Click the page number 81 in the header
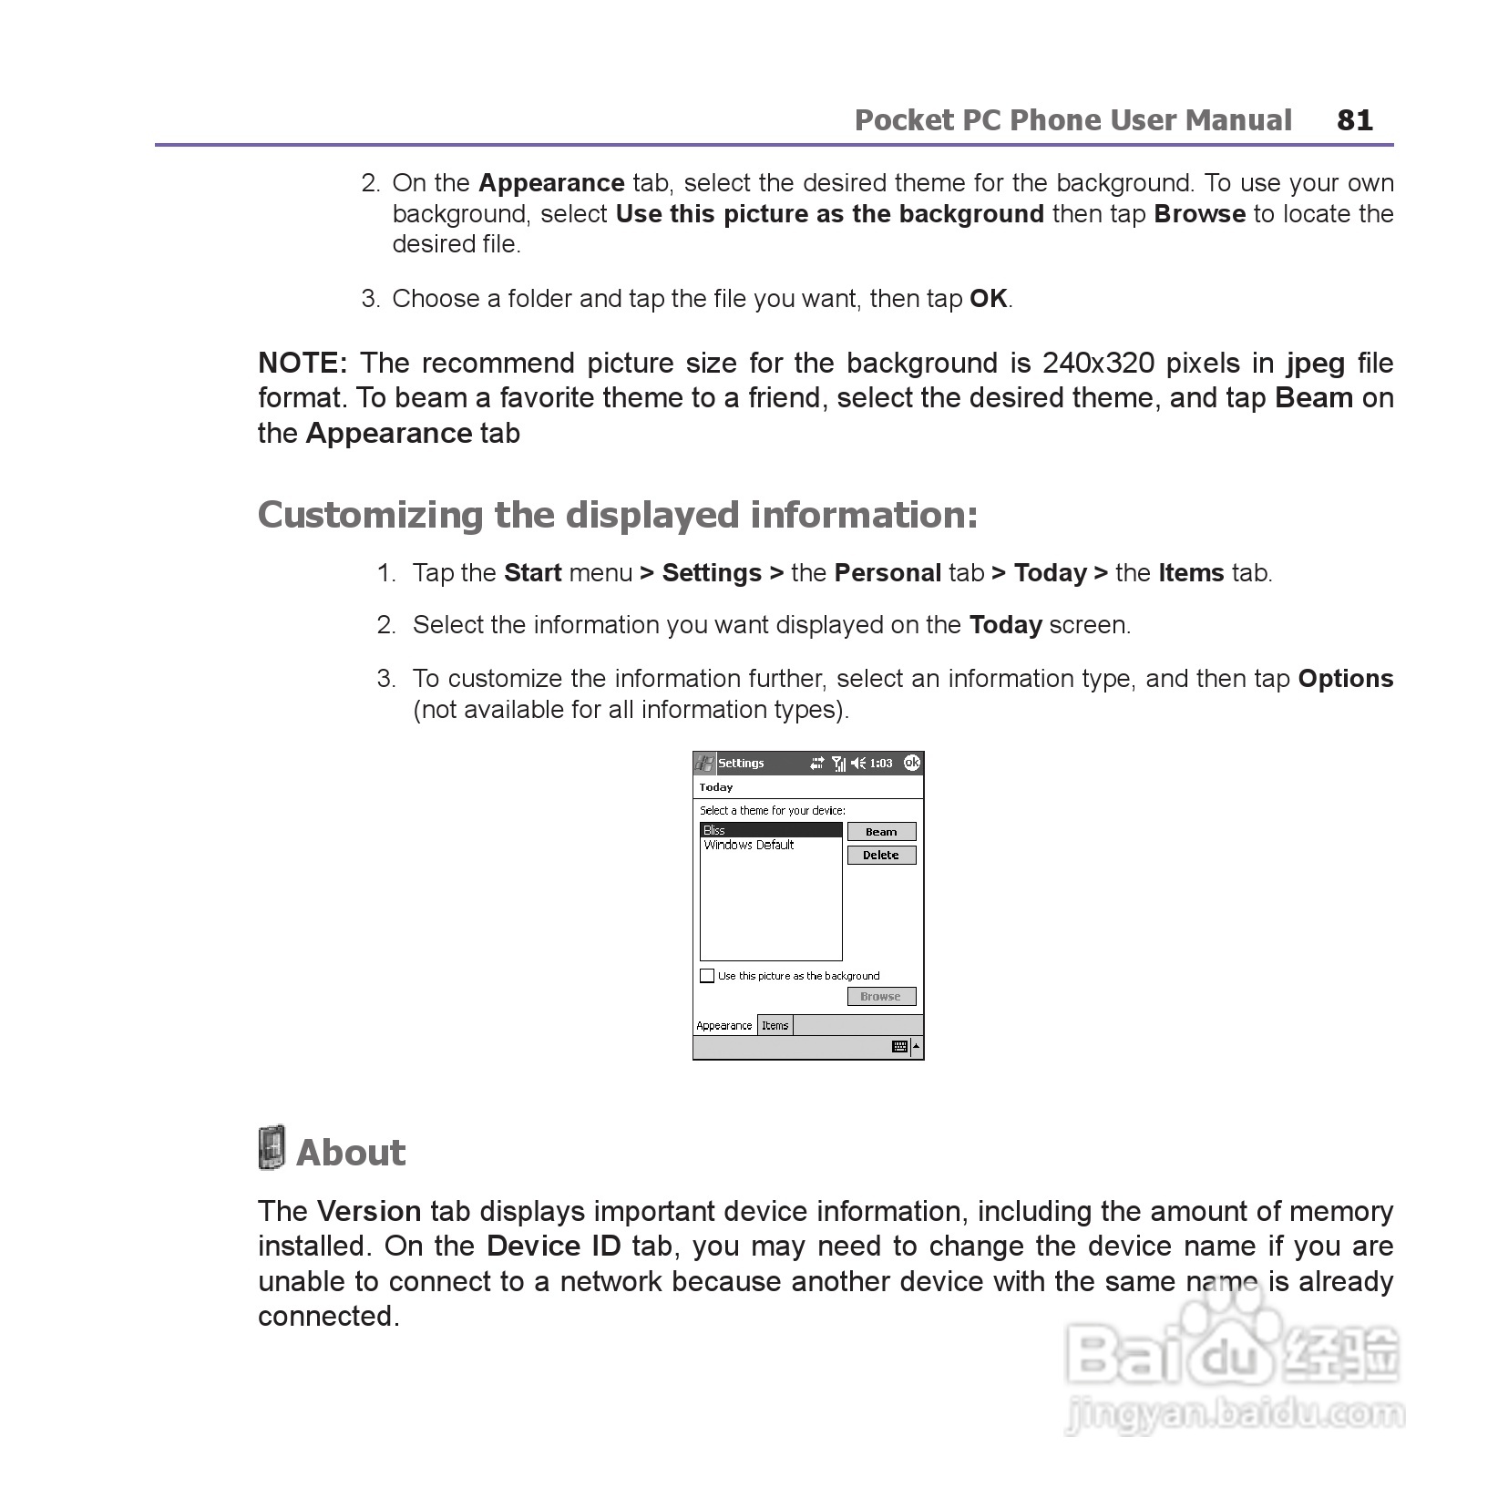click(1354, 120)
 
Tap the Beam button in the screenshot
click(881, 832)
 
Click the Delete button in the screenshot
click(881, 856)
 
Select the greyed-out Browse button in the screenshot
click(881, 997)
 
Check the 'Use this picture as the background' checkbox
click(707, 976)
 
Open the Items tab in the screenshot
click(775, 1026)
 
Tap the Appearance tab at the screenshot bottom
click(724, 1026)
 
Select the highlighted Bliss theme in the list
click(770, 830)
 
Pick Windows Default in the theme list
click(749, 846)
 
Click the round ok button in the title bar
click(911, 763)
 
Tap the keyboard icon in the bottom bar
click(899, 1047)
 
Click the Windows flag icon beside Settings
click(704, 763)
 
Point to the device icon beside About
click(271, 1148)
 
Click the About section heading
click(351, 1153)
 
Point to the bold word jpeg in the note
click(1315, 364)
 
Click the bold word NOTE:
click(303, 364)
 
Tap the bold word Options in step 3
click(1345, 679)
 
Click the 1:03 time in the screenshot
click(881, 764)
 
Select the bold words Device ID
click(553, 1247)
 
